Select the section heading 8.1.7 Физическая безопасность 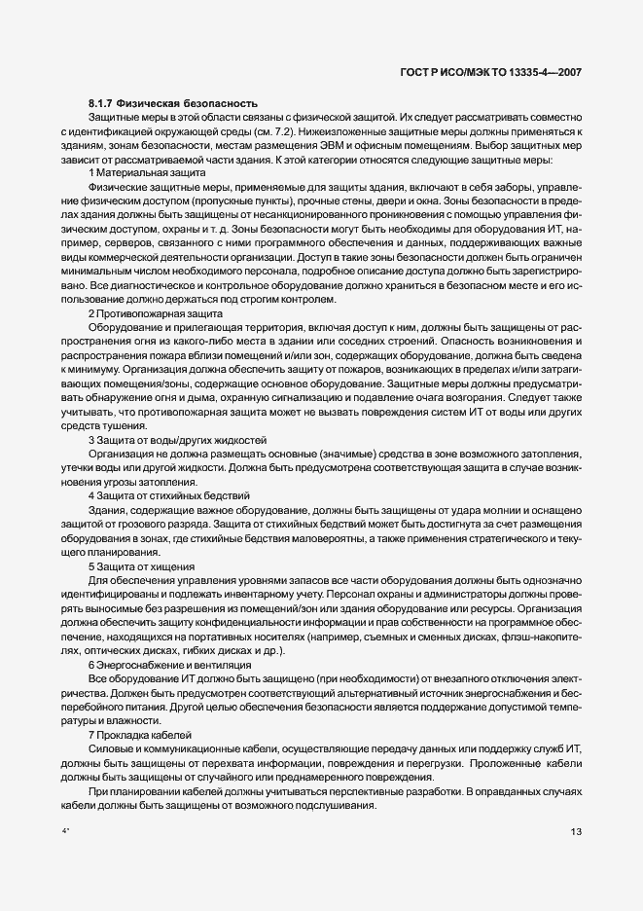[172, 102]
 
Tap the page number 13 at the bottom [576, 831]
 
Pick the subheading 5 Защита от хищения [141, 566]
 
